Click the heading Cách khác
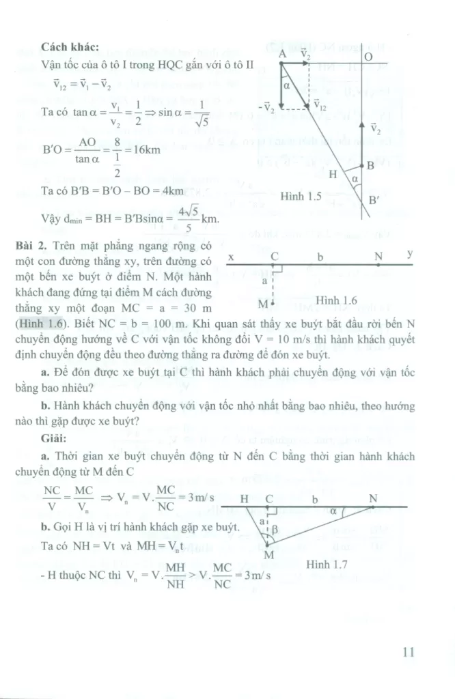point(70,47)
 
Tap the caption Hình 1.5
point(301,196)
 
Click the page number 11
point(409,652)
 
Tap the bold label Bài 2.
point(55,244)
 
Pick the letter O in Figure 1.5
point(368,57)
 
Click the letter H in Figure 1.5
point(333,173)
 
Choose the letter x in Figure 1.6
point(232,259)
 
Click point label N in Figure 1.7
point(373,498)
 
